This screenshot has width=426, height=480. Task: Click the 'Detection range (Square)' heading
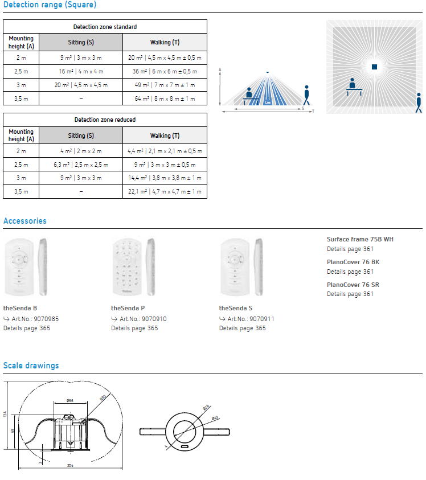(x=50, y=5)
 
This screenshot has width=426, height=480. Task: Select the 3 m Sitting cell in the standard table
(x=81, y=84)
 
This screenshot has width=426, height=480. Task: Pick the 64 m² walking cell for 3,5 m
(x=165, y=99)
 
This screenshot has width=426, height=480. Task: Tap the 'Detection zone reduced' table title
(x=105, y=120)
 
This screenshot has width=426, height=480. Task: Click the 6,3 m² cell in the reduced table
(x=81, y=165)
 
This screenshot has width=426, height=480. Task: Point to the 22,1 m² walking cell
(x=165, y=192)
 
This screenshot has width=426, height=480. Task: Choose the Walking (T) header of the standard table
(x=165, y=42)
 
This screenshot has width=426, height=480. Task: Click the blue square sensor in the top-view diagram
(x=374, y=67)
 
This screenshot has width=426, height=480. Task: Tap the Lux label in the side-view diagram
(x=268, y=102)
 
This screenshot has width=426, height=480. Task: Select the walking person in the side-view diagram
(x=308, y=95)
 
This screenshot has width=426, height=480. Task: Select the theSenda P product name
(x=122, y=308)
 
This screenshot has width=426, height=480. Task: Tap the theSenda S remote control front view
(x=235, y=266)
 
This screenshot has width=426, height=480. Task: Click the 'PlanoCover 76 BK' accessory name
(x=353, y=262)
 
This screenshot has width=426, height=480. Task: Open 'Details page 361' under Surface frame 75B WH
(x=350, y=249)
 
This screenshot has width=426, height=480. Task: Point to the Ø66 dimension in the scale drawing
(x=69, y=401)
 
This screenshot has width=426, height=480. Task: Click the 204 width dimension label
(x=69, y=466)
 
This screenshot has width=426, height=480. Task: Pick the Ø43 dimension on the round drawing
(x=215, y=419)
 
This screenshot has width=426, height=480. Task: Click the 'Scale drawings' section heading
(x=31, y=366)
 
